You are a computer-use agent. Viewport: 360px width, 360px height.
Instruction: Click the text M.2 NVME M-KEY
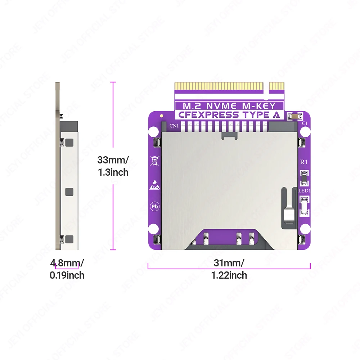(x=229, y=106)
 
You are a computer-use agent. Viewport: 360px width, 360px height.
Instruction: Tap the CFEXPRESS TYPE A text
(x=229, y=115)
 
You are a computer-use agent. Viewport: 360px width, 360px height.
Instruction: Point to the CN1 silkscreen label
(x=175, y=126)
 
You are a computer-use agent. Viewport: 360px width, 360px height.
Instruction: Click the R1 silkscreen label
(x=304, y=162)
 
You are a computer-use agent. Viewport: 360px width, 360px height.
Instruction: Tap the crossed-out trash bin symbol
(x=155, y=161)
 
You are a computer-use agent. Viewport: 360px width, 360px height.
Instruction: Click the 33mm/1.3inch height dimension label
(x=113, y=166)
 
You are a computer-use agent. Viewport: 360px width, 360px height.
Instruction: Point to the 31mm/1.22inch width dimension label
(x=229, y=269)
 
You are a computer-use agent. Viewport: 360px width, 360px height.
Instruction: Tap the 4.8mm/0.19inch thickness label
(x=67, y=269)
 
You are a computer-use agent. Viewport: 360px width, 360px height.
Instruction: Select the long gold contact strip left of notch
(x=219, y=86)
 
